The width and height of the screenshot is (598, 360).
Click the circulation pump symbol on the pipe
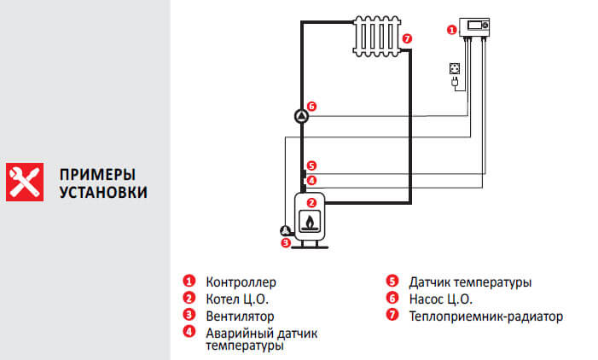301,116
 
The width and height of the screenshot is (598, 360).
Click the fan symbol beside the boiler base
284,229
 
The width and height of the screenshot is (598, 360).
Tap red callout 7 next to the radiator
407,38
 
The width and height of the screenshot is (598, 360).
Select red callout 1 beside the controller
452,29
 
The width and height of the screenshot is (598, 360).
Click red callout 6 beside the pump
312,107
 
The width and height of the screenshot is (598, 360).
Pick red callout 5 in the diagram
311,166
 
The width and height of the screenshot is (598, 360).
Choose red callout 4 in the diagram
311,180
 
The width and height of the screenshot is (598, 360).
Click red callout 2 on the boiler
311,203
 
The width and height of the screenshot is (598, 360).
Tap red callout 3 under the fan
287,242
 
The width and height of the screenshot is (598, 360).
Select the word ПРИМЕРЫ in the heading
98,173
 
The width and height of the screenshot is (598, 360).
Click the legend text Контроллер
241,282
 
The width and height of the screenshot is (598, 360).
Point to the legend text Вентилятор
240,316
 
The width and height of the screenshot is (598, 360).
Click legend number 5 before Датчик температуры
392,282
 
